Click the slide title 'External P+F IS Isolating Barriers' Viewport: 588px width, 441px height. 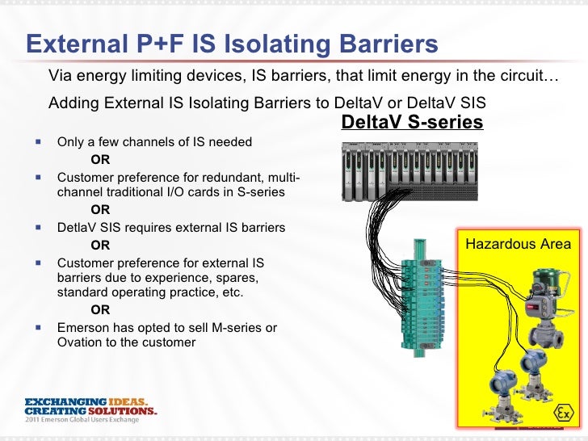coord(233,44)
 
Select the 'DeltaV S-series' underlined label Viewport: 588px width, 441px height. coord(412,122)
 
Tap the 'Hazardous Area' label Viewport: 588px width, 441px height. coord(519,244)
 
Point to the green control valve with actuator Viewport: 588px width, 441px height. coord(543,310)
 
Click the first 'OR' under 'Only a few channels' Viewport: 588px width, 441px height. coord(100,159)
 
